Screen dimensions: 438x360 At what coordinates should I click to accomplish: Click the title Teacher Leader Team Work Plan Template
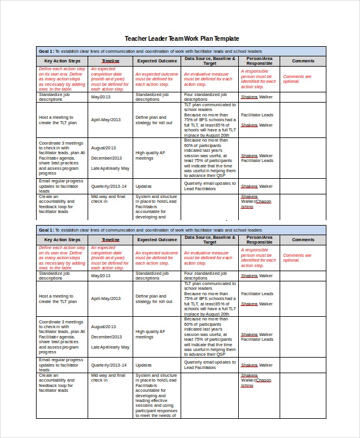tap(181, 38)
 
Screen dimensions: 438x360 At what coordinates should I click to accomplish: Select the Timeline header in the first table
tap(110, 61)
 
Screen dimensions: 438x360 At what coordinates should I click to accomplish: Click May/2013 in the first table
tap(101, 97)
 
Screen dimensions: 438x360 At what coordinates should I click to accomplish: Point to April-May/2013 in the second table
tap(106, 281)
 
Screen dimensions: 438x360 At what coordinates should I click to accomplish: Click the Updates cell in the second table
tap(144, 365)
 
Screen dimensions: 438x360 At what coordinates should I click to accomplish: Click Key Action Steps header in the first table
tap(62, 61)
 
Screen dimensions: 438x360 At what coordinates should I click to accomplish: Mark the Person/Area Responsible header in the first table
tap(259, 61)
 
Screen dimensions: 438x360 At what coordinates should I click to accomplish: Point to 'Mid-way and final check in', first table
tap(108, 199)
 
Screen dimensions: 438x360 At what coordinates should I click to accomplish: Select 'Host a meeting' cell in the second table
tap(58, 281)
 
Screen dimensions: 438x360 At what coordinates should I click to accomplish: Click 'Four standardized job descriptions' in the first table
tap(205, 97)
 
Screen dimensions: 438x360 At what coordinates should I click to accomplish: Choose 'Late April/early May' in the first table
tap(110, 168)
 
